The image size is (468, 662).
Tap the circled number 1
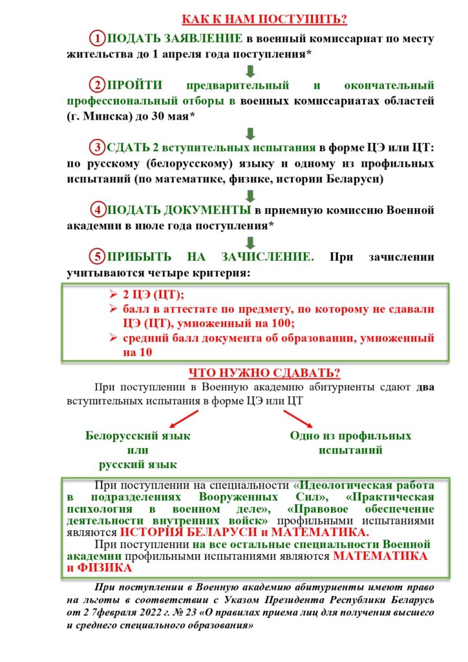coord(97,38)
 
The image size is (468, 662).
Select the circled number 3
coord(97,147)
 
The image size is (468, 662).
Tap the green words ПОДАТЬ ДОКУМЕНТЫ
coord(179,210)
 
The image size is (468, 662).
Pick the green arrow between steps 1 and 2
coord(251,70)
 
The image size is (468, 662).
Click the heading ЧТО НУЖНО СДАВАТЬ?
coord(265,374)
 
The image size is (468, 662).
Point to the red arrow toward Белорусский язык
coord(184,419)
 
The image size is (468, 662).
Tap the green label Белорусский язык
coord(138,436)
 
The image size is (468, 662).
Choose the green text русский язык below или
coord(138,464)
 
